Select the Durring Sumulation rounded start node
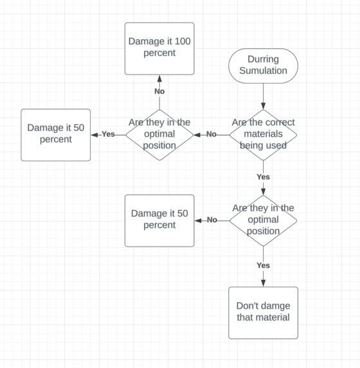point(263,66)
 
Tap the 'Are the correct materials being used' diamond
point(263,135)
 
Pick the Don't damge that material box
point(263,312)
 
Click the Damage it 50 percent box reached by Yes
point(55,135)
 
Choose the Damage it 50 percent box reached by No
point(159,220)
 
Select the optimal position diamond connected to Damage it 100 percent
point(159,135)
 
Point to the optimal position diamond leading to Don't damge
point(263,220)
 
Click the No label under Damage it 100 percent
point(159,92)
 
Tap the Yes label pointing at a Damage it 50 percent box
point(107,135)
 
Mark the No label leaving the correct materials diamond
point(211,135)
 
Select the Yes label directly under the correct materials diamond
point(263,177)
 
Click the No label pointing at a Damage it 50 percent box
point(212,220)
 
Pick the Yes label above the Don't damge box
point(263,265)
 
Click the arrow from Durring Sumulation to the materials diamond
point(263,95)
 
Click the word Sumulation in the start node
point(263,71)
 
